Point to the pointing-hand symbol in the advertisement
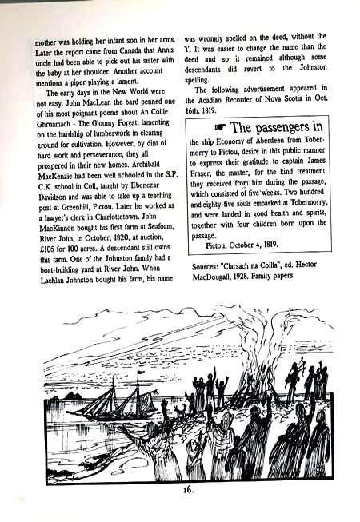[220, 128]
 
